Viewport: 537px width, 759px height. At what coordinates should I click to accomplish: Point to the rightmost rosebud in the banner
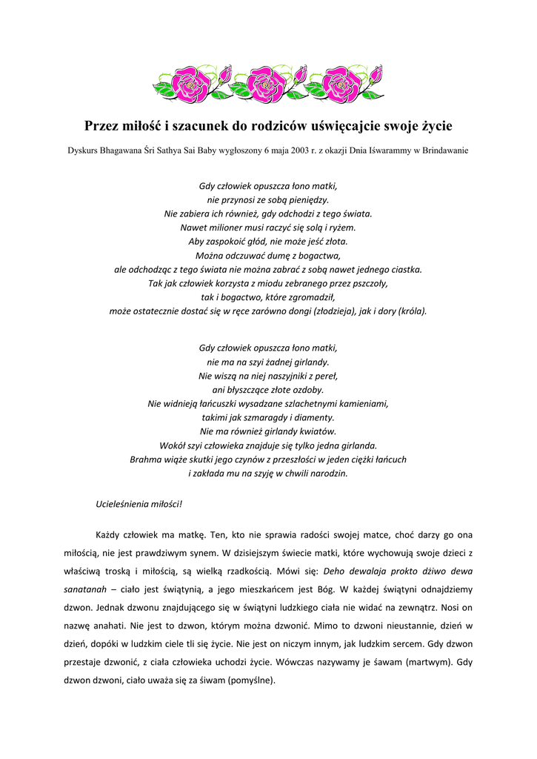pyautogui.click(x=377, y=76)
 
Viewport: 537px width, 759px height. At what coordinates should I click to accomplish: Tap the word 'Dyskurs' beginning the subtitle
pyautogui.click(x=83, y=150)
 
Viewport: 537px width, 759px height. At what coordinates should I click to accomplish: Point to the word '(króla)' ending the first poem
pyautogui.click(x=412, y=311)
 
